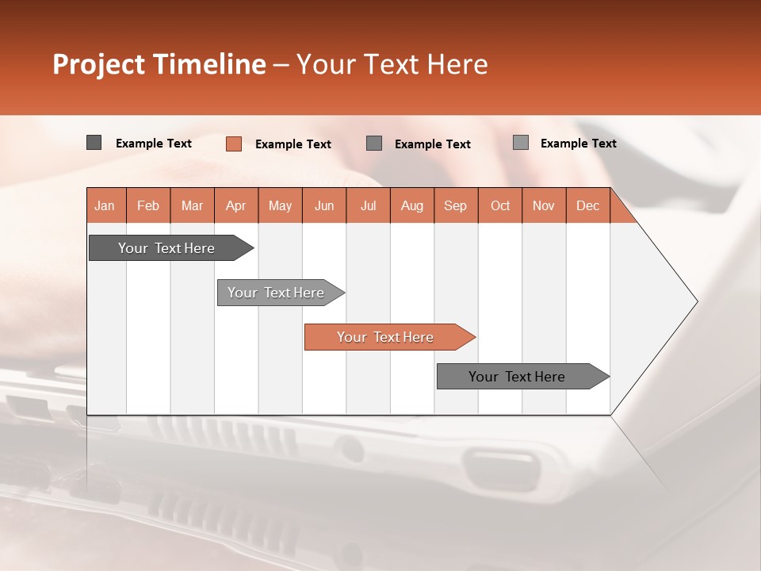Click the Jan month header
(105, 205)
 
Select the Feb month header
(148, 205)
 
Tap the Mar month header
(192, 205)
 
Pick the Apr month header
(236, 205)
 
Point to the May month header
(280, 205)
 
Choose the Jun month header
(324, 205)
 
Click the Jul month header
(368, 205)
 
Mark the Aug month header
(412, 205)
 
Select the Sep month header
(456, 205)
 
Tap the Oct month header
(500, 205)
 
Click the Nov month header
(544, 205)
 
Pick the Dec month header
(588, 205)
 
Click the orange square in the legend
(234, 144)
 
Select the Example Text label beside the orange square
(293, 144)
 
